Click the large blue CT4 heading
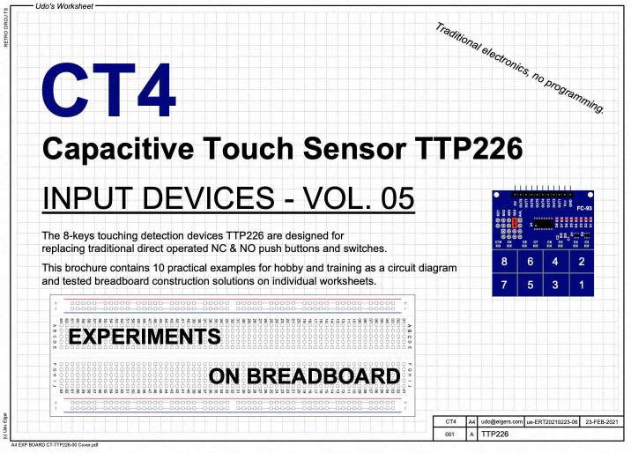[x=108, y=91]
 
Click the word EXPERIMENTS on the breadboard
[x=145, y=337]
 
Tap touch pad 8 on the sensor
[x=504, y=262]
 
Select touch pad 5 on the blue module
[x=530, y=285]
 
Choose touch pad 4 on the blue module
[x=555, y=262]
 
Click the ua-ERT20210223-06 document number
[x=552, y=422]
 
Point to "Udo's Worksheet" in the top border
[x=64, y=6]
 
